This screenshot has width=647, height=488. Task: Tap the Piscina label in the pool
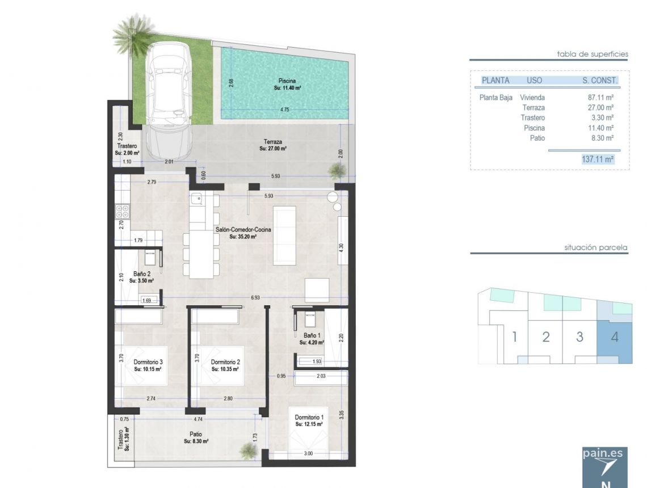click(x=287, y=81)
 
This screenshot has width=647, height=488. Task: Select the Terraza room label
click(x=272, y=142)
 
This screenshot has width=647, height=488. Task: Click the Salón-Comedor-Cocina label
click(x=243, y=230)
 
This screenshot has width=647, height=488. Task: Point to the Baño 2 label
click(x=141, y=274)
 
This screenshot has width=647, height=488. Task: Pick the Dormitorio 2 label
click(x=225, y=362)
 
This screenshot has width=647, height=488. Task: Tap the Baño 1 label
click(x=312, y=335)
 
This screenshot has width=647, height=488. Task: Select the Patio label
click(x=197, y=435)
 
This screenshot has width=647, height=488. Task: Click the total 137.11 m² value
click(x=598, y=159)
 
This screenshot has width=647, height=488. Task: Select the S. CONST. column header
click(x=600, y=81)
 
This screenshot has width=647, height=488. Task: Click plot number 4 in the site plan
click(x=615, y=336)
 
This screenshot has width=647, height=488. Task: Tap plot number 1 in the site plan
click(x=514, y=336)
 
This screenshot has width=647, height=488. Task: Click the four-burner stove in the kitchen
click(x=123, y=212)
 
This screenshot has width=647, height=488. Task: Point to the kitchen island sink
click(x=197, y=198)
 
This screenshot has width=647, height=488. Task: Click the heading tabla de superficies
click(x=593, y=54)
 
